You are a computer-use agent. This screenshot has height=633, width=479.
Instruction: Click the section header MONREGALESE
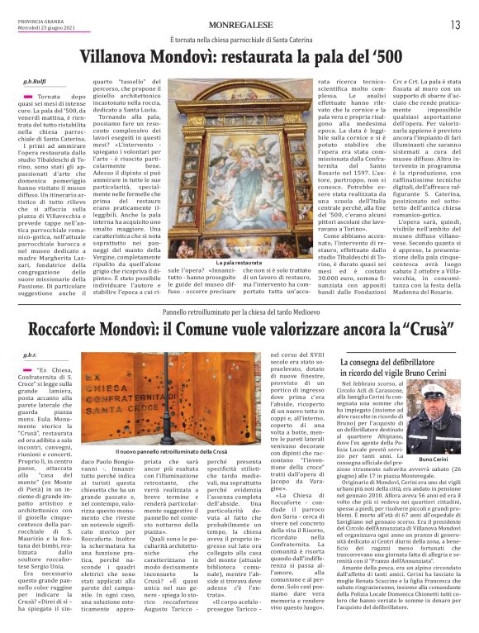239,24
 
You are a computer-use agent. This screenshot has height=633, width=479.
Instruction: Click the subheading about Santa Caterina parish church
239,40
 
